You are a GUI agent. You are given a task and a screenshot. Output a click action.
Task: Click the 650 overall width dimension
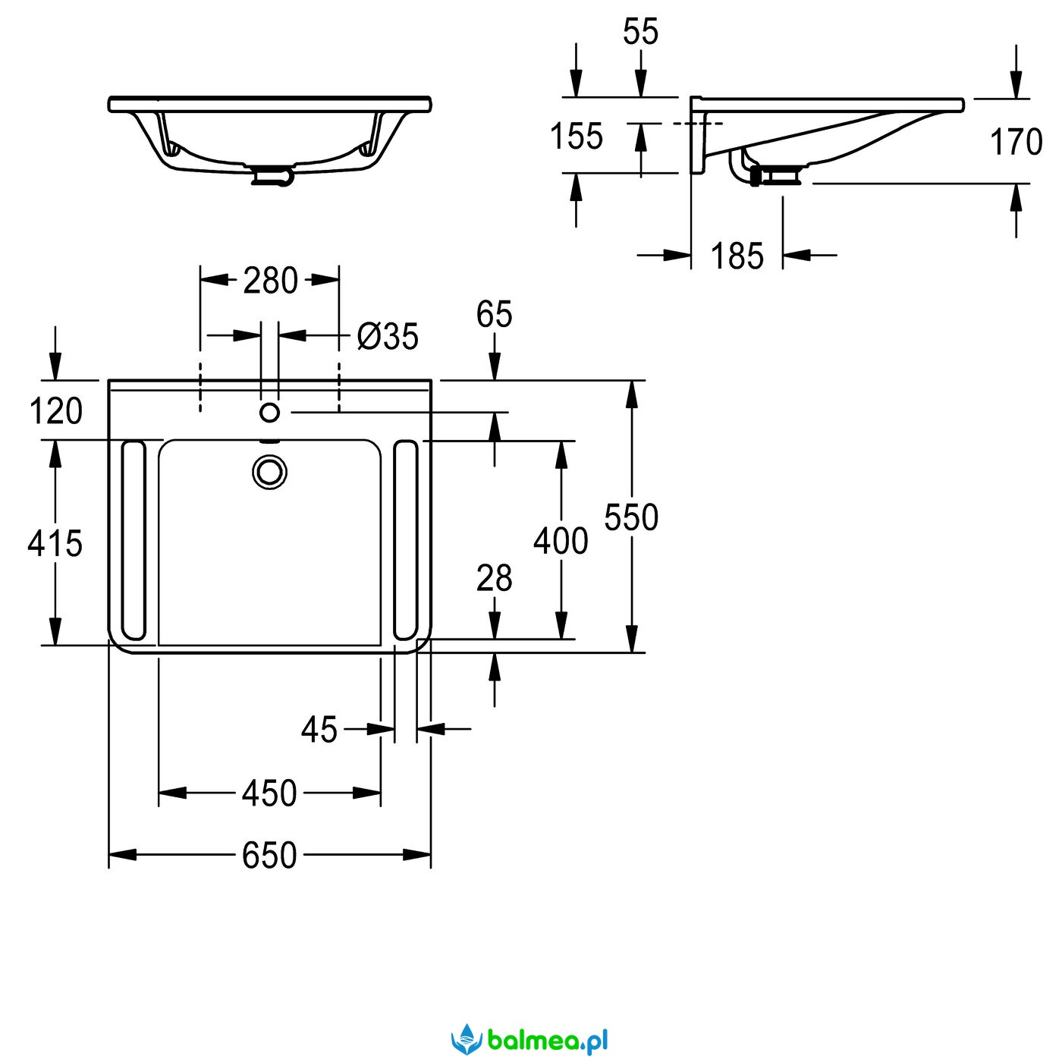click(269, 855)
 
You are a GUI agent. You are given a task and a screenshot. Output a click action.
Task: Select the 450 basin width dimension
click(269, 793)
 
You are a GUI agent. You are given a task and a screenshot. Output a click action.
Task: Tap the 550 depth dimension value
click(631, 517)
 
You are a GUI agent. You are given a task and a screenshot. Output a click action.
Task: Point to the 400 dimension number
click(561, 541)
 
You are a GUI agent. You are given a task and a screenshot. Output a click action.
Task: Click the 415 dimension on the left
click(55, 543)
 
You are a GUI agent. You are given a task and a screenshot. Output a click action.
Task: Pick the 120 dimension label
click(55, 410)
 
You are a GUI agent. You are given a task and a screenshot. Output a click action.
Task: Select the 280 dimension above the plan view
click(270, 280)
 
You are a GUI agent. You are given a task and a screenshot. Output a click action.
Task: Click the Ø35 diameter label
click(388, 335)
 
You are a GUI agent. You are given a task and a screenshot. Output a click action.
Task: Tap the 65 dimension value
click(494, 314)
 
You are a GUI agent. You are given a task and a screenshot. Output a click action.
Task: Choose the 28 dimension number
click(494, 578)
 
